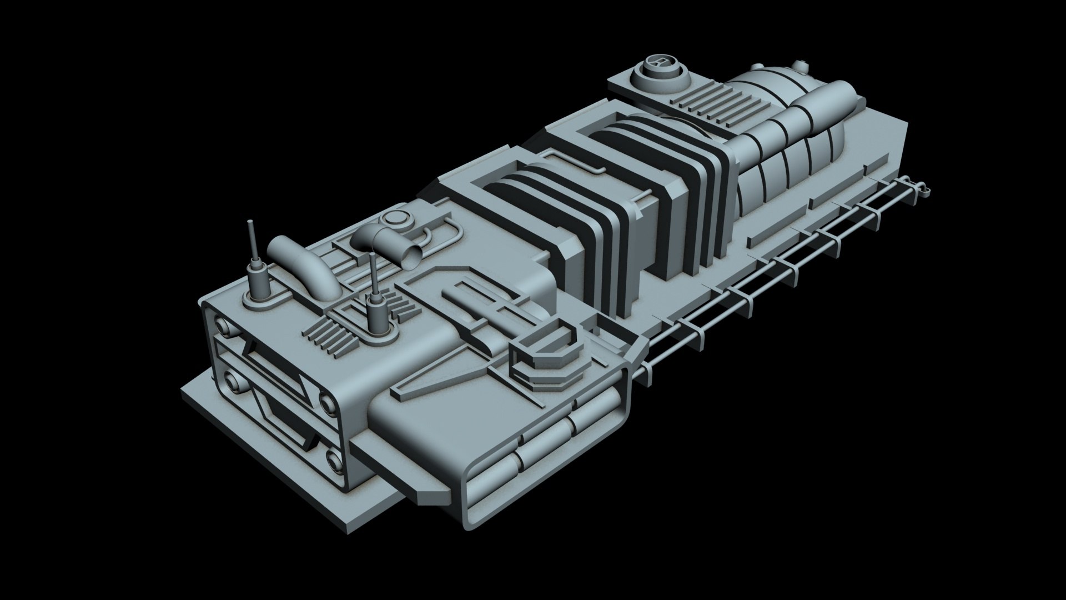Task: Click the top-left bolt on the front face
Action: tap(223, 326)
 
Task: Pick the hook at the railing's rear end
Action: tap(924, 189)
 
